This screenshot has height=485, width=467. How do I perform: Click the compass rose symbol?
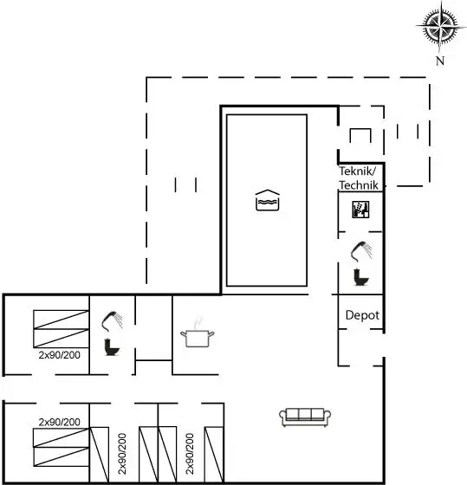440,27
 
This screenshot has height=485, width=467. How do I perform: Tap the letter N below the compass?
440,61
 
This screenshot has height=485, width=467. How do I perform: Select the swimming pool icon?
268,200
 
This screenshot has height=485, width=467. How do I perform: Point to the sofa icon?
305,417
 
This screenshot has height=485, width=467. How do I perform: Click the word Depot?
362,315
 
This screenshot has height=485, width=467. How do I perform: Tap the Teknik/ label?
358,171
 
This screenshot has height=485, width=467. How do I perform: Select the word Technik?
359,185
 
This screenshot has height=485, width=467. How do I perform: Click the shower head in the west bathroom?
112,320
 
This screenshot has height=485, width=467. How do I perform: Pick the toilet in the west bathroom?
112,347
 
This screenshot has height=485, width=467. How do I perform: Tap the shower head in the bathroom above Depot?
361,251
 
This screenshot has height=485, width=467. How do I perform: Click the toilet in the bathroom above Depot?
360,277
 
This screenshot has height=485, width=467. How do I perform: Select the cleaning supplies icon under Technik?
360,210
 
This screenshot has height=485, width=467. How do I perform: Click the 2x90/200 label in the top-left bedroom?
60,355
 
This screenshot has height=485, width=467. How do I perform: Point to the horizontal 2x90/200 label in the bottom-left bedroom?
60,422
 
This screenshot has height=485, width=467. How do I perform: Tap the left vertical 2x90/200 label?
122,454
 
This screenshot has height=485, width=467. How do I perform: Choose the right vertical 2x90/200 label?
190,454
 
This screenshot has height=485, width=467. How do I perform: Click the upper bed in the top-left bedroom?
62,320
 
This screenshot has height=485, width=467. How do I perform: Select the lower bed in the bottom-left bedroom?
62,456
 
